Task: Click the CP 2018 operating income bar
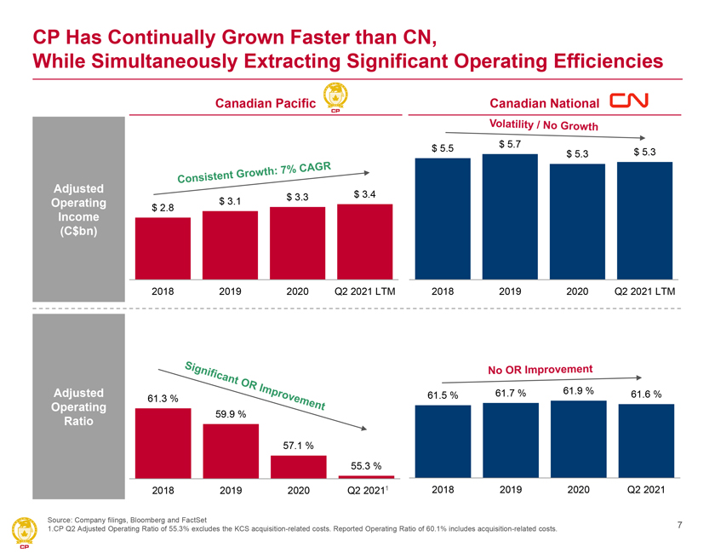pyautogui.click(x=163, y=247)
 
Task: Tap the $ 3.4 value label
pyautogui.click(x=365, y=196)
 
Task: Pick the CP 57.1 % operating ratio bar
pyautogui.click(x=298, y=467)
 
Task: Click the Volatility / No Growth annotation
pyautogui.click(x=545, y=124)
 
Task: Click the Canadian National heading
pyautogui.click(x=545, y=103)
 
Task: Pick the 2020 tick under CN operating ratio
pyautogui.click(x=578, y=490)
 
